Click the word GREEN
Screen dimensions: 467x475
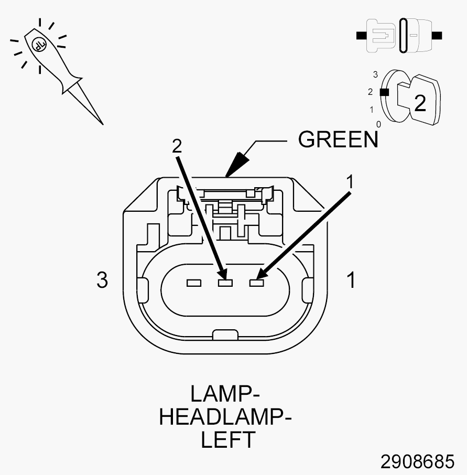click(338, 139)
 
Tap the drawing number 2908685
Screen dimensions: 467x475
click(417, 461)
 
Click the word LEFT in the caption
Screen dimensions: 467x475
click(228, 439)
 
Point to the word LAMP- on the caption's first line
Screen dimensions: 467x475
click(225, 394)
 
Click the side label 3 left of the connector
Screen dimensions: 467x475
click(102, 279)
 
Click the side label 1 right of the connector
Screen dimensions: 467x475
click(351, 279)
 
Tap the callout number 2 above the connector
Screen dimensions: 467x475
click(177, 146)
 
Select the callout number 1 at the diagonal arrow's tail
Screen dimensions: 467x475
click(350, 182)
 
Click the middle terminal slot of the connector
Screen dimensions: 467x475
click(225, 283)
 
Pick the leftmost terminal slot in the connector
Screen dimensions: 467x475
click(194, 283)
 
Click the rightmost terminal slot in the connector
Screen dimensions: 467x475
click(256, 283)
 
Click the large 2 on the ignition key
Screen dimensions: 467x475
click(420, 103)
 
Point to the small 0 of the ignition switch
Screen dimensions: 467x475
click(378, 124)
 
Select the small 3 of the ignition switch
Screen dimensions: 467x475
click(375, 74)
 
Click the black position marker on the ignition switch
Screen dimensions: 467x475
click(384, 92)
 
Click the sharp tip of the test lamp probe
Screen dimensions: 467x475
click(103, 124)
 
